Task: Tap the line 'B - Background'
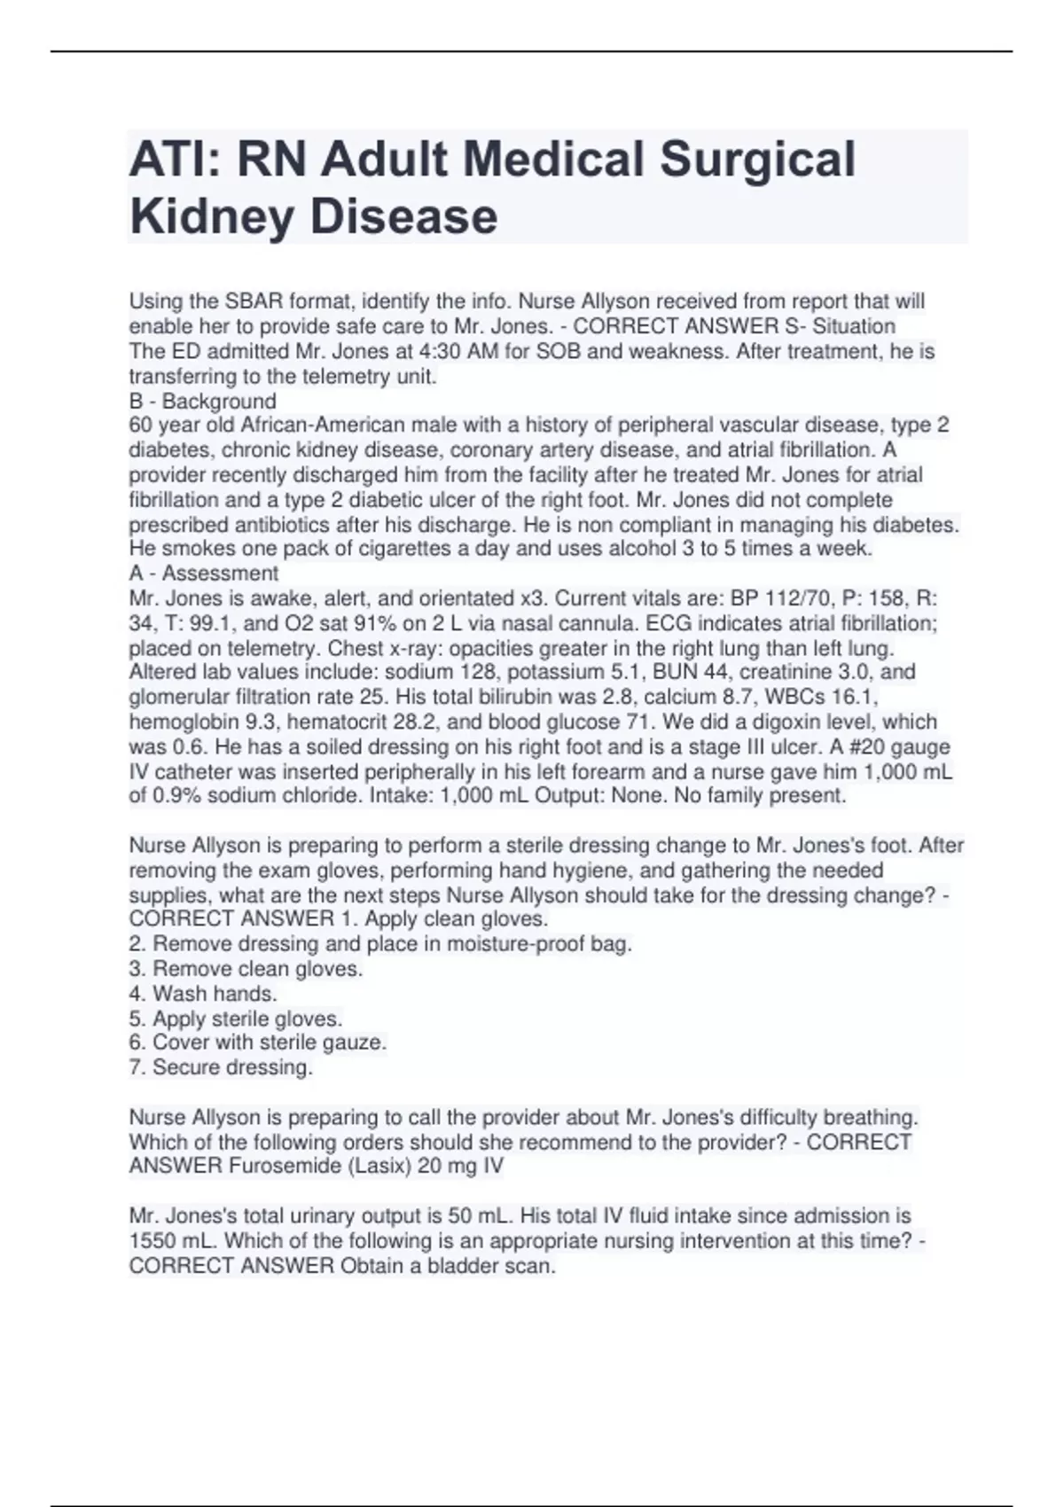click(x=203, y=402)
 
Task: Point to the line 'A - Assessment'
click(x=204, y=574)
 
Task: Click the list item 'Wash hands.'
click(x=203, y=994)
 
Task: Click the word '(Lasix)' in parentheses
click(x=377, y=1166)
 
